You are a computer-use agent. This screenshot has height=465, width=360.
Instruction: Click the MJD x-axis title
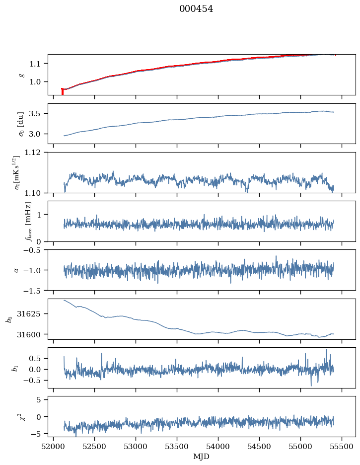pyautogui.click(x=201, y=457)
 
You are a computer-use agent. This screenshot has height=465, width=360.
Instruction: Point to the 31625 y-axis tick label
pyautogui.click(x=32, y=314)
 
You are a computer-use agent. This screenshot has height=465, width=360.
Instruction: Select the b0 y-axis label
pyautogui.click(x=8, y=319)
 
